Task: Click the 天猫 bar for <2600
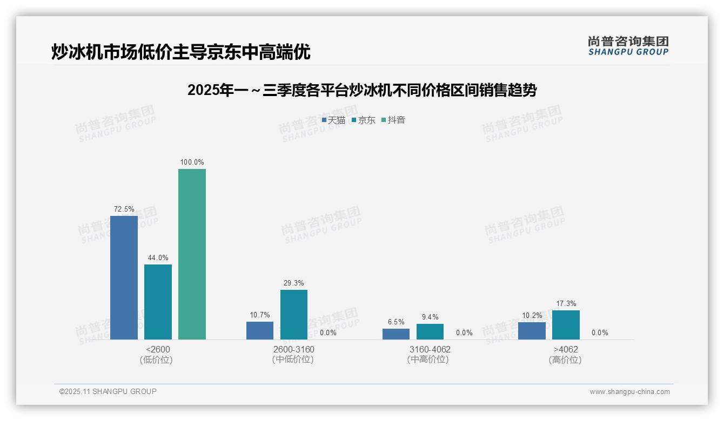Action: click(x=124, y=277)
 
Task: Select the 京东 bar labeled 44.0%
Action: click(x=158, y=302)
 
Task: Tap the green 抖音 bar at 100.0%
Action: click(x=192, y=254)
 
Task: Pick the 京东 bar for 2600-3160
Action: click(x=294, y=315)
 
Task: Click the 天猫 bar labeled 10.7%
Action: click(x=260, y=330)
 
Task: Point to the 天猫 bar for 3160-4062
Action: click(x=396, y=334)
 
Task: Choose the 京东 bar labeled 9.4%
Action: click(x=430, y=331)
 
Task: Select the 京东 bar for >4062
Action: click(x=566, y=325)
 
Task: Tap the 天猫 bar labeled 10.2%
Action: click(x=532, y=331)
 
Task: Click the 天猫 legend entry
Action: click(x=333, y=120)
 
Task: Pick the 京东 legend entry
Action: click(x=364, y=120)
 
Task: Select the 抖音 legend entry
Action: click(x=393, y=120)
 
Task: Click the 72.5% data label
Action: click(x=124, y=209)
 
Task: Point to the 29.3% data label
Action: click(x=294, y=283)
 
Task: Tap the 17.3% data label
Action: click(x=566, y=303)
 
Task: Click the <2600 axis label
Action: click(x=157, y=349)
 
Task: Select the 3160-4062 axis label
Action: click(x=430, y=349)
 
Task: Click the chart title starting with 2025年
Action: click(x=361, y=91)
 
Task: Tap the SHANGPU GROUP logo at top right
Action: click(x=628, y=46)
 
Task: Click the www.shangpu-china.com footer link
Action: click(x=629, y=392)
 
